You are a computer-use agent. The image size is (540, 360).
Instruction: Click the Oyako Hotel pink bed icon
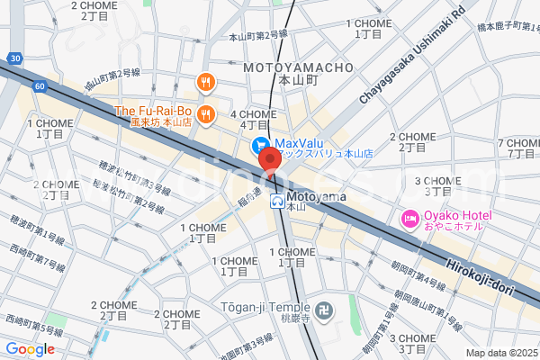tap(409, 217)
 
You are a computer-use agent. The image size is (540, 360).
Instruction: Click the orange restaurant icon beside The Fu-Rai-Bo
tap(206, 112)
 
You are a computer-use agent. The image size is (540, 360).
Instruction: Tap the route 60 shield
tap(40, 85)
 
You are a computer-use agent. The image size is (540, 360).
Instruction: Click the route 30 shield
tap(14, 58)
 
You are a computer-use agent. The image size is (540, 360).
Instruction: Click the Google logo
tap(30, 349)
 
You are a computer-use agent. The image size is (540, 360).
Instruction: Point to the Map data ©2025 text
tap(500, 353)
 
